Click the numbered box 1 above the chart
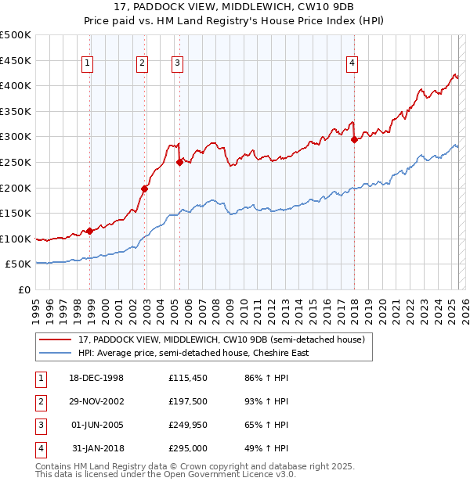tap(87, 64)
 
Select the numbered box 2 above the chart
tap(142, 64)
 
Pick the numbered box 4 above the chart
tap(352, 64)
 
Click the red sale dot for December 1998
tap(90, 230)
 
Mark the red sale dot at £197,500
tap(145, 189)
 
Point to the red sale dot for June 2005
tap(179, 162)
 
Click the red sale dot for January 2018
tap(354, 139)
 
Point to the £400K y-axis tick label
tap(16, 85)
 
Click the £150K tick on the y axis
tap(16, 213)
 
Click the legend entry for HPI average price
tap(193, 353)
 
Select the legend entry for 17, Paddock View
tap(222, 339)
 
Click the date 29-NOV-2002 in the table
tap(97, 401)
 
